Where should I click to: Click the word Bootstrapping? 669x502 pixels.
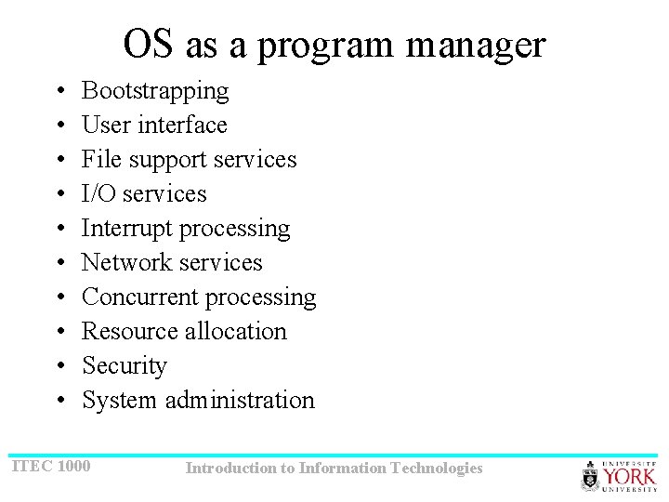point(155,91)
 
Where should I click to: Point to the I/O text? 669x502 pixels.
point(98,193)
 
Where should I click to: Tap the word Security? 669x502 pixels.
point(125,366)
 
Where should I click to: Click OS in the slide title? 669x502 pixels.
point(148,44)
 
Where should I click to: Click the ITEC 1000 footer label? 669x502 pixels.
point(50,465)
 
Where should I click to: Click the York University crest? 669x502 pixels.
point(590,476)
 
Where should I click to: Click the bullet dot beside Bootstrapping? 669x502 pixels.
point(59,92)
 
